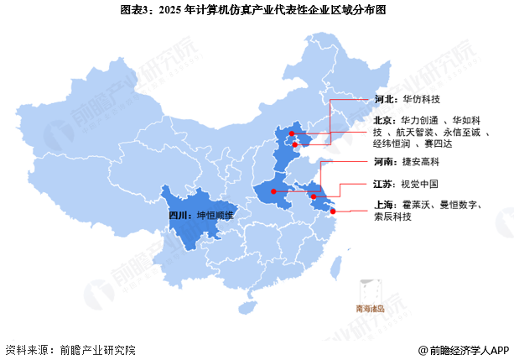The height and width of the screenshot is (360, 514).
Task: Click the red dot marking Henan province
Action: tap(273, 191)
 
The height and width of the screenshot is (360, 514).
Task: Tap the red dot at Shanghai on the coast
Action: tap(333, 211)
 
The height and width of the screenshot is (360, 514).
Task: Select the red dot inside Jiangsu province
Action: tap(314, 197)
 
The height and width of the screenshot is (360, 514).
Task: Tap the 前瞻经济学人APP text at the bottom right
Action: tap(467, 349)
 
